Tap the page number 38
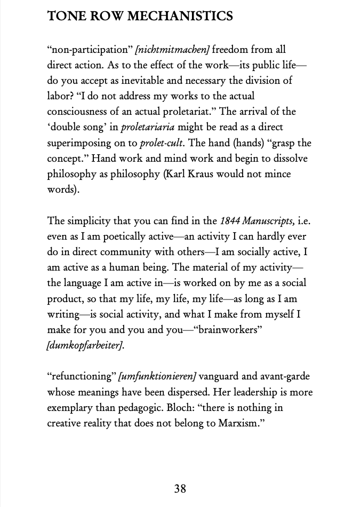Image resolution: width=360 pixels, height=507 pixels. point(180,488)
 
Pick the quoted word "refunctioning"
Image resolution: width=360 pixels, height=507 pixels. point(81,376)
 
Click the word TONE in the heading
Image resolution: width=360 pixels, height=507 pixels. point(63,16)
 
